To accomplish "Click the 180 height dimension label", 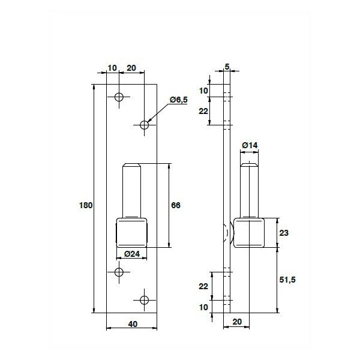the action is pos(86,205).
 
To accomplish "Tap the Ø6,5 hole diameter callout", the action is pos(179,100).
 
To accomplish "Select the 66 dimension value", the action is pos(176,205).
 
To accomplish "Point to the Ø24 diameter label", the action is pos(132,254).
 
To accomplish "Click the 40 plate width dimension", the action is pos(133,324).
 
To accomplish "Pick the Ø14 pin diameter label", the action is pos(250,145).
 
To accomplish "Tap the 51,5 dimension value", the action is pos(287,280).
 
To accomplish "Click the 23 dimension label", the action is pos(284,233).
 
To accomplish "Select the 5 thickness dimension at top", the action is pos(227,67).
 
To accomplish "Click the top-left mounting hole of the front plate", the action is pos(119,97).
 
